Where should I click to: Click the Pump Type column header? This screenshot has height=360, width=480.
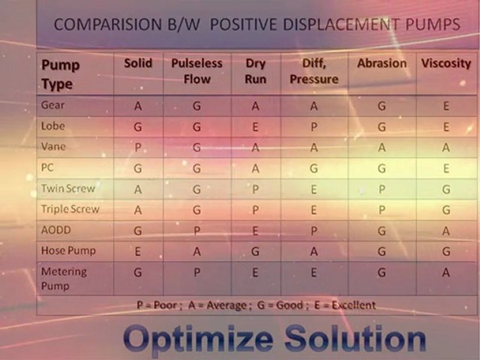60,74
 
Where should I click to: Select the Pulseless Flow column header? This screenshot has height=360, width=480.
197,71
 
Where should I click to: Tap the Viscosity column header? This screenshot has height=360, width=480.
446,63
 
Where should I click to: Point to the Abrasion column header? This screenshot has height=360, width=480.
381,63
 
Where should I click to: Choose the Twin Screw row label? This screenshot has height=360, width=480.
68,188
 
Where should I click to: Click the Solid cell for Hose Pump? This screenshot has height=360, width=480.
138,252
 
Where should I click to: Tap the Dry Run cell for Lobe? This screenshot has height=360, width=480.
255,127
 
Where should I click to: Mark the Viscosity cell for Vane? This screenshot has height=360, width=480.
446,148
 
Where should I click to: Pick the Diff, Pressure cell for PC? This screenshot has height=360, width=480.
314,169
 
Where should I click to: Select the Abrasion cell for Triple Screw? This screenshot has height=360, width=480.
381,210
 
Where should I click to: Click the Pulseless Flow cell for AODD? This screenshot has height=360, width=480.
197,231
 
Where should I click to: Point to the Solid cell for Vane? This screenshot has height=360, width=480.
138,148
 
